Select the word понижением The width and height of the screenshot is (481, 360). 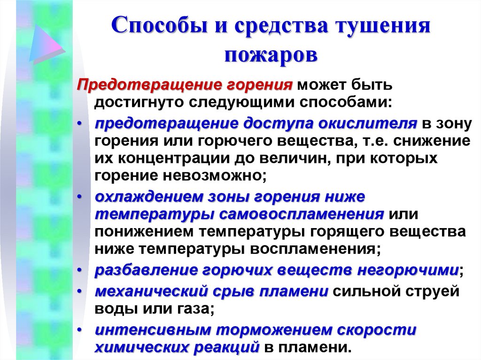point(144,231)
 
